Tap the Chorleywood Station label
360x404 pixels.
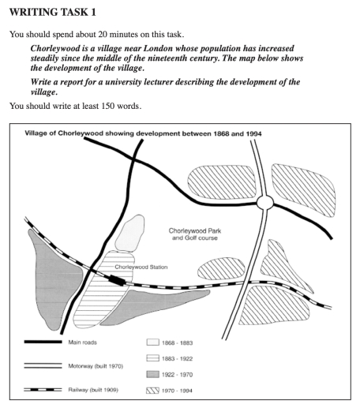coord(139,267)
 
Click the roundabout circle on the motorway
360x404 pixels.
coord(264,203)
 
